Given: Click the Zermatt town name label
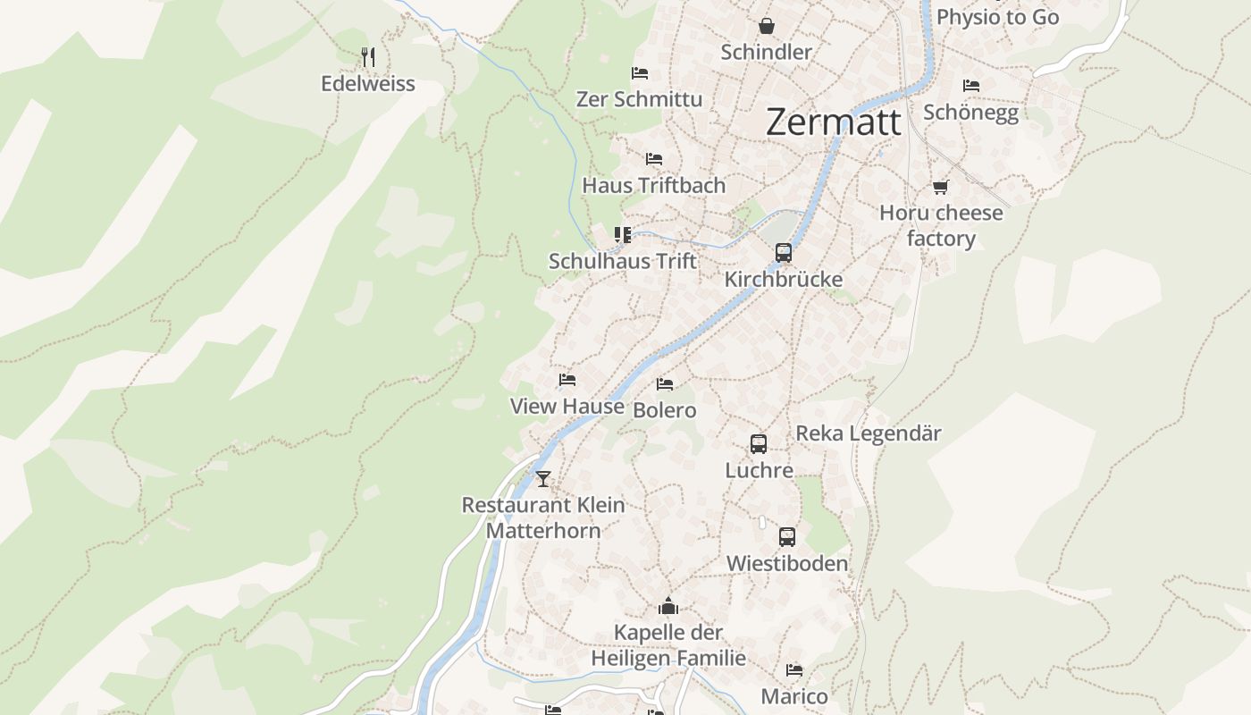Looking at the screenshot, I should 834,122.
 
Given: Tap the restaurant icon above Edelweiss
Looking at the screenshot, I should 368,57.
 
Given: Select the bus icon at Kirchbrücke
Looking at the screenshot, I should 784,253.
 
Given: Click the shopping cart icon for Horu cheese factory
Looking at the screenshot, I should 940,187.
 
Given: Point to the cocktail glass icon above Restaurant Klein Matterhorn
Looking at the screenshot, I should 543,479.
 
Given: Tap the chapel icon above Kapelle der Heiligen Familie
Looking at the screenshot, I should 668,607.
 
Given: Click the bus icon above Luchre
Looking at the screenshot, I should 759,444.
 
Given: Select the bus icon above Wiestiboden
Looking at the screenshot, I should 786,537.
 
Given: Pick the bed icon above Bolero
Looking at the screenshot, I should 665,384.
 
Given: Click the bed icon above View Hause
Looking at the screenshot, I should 567,380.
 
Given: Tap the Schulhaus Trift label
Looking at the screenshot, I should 622,261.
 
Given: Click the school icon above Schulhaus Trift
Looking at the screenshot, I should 623,235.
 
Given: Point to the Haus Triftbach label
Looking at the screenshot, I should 653,185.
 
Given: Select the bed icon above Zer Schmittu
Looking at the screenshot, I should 640,73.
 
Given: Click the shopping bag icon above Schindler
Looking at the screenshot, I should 766,26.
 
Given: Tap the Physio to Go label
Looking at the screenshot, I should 997,17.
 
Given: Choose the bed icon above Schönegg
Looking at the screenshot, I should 971,86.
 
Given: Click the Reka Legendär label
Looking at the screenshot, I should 869,433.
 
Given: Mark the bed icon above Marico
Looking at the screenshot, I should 794,670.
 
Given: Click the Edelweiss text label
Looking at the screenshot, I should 368,84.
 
